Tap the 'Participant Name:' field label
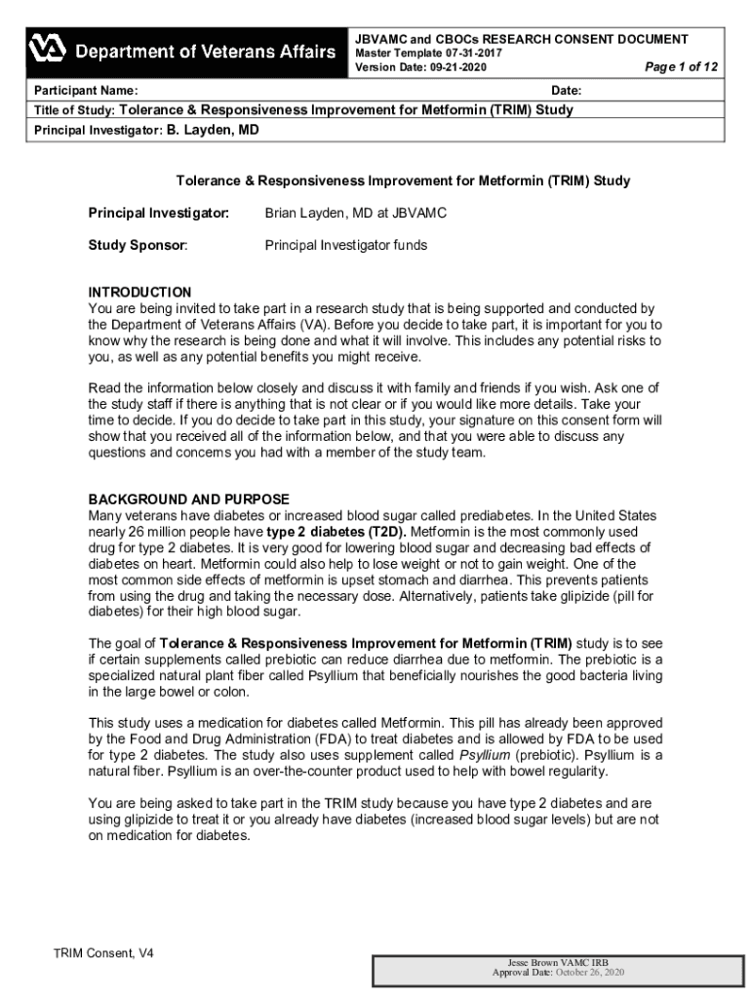pos(79,91)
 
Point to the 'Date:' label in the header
pos(567,91)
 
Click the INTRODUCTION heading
pos(139,292)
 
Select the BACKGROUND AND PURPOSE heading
pos(188,499)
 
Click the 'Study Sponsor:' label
pos(138,246)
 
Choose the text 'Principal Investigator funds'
pos(345,246)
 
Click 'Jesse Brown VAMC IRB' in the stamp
pos(559,963)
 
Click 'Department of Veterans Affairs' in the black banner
pos(206,51)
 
